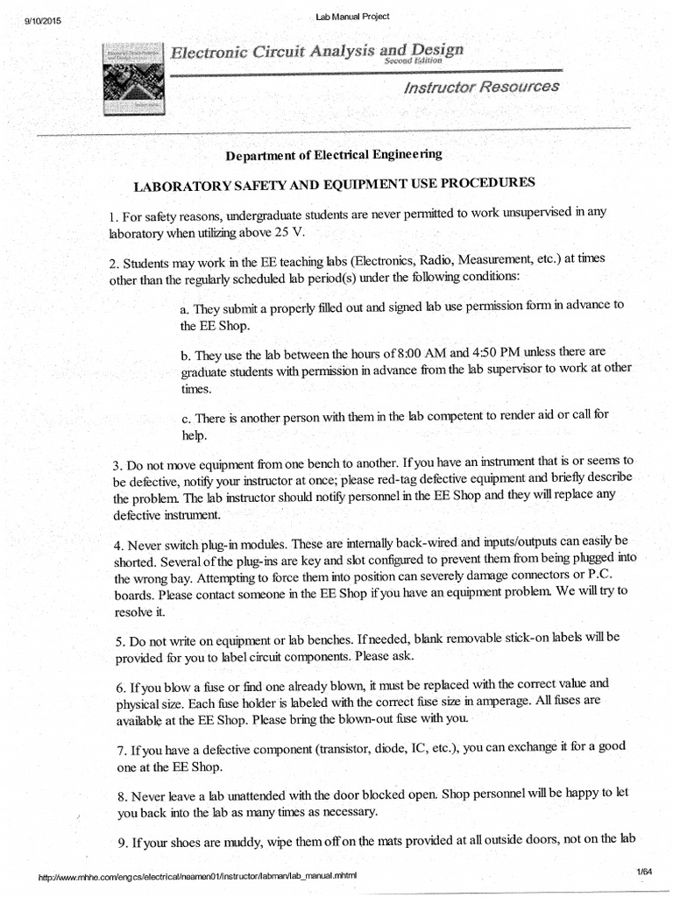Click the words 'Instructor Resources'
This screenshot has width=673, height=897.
click(x=481, y=87)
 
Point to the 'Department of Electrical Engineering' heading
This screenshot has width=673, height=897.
click(x=334, y=154)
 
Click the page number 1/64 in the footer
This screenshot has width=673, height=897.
click(x=645, y=871)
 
